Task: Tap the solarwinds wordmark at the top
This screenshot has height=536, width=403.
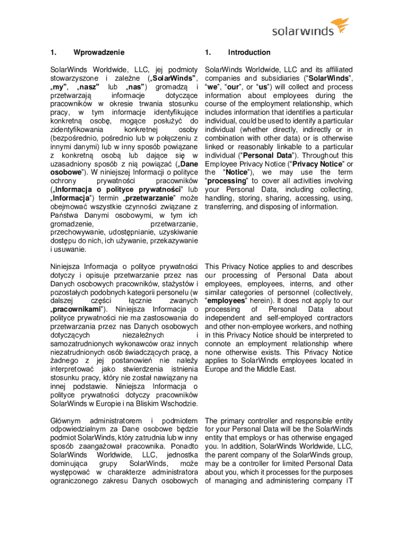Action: click(x=301, y=31)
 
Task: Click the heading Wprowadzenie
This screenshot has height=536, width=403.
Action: click(x=99, y=52)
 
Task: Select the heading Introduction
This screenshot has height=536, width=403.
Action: click(x=249, y=52)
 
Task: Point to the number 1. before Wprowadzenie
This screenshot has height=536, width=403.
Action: click(x=53, y=52)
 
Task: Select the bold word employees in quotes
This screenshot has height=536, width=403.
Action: click(x=226, y=301)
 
